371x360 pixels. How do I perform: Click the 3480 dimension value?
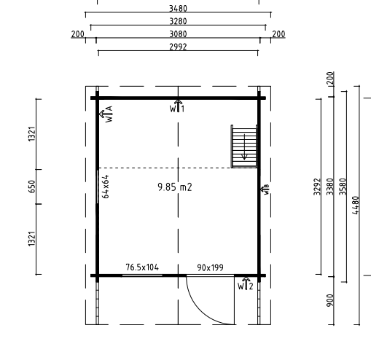click(178, 9)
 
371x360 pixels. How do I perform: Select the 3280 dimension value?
click(178, 21)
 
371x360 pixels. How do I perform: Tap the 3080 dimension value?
click(178, 34)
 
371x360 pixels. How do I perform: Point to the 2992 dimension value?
click(178, 47)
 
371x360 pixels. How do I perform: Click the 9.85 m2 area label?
click(175, 187)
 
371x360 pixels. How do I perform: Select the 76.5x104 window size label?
click(142, 267)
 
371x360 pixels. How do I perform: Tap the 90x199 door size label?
click(211, 267)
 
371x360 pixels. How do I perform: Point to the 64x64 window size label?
click(106, 187)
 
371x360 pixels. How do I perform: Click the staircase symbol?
click(244, 146)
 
